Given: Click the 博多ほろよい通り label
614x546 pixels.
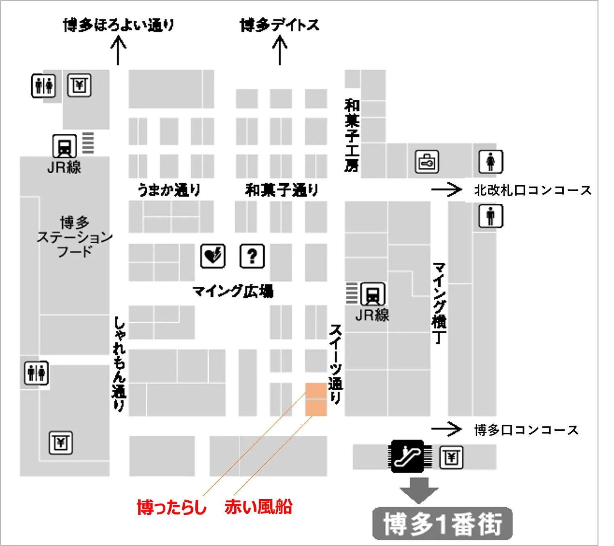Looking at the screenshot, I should coord(119,25).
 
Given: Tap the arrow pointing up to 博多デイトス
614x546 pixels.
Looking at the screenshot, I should coord(279,50).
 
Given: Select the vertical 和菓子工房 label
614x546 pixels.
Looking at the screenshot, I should coord(351,135).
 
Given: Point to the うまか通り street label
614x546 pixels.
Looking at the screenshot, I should coord(169,190).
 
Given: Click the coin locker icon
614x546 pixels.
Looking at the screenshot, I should coord(427,162).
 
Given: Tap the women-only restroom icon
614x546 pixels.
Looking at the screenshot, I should coord(491,161).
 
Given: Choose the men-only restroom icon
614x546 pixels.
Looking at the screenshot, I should coord(491,216).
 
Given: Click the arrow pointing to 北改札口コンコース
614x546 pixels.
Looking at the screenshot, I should coord(446,189).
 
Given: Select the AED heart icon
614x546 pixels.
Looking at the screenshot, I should coord(213,256).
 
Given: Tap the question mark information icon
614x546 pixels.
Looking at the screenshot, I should coord(252,256).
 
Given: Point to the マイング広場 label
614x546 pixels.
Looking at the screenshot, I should coord(233,291).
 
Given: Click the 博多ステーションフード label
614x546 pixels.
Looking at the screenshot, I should coord(74,237).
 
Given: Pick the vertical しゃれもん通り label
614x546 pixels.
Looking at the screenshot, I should coord(119,364).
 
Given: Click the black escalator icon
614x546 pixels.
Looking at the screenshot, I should coord(407,456).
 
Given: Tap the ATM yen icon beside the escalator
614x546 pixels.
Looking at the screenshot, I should coord(451,457).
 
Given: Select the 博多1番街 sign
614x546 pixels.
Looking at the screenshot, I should coord(443,524).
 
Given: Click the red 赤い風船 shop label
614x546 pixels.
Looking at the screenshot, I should coord(258,506).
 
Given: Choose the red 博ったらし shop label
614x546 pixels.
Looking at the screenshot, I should coord(171,507).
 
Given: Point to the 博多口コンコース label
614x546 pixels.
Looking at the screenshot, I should coord(526,430).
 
